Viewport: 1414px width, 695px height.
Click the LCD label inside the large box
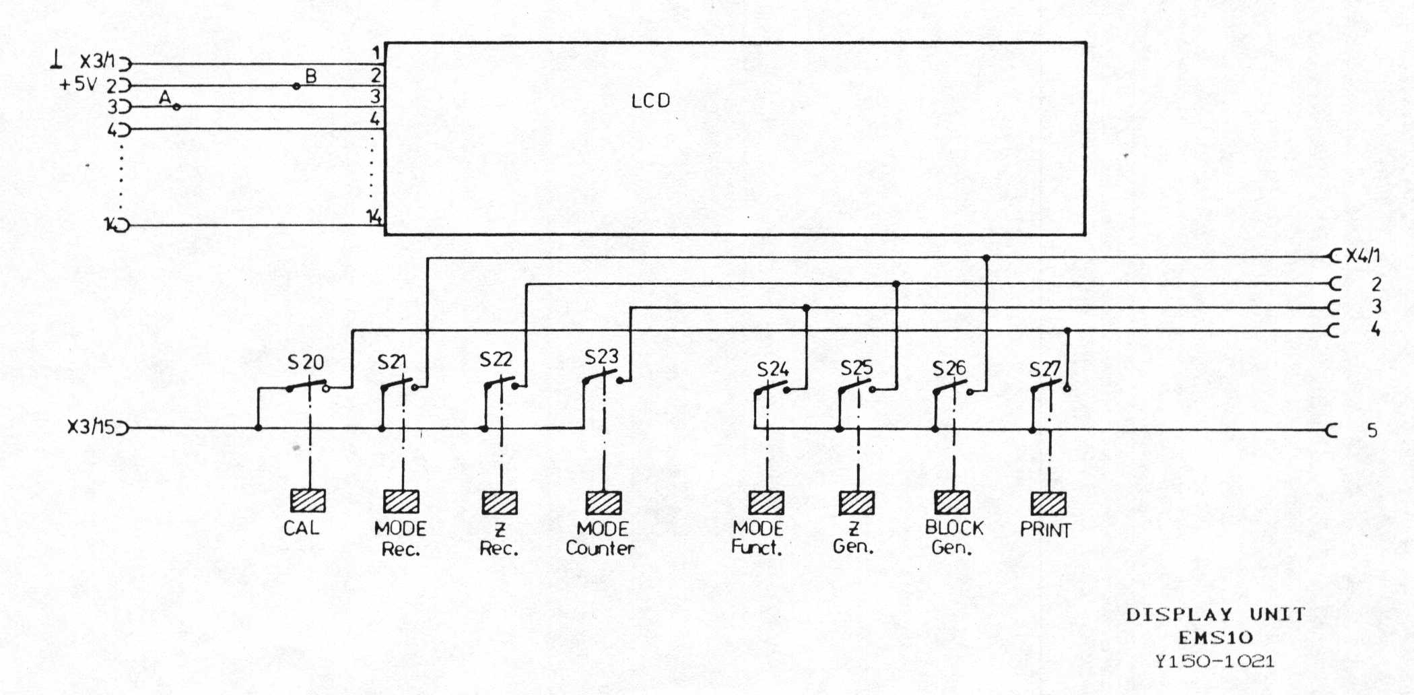[x=650, y=101]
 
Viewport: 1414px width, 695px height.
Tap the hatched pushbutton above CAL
[x=308, y=501]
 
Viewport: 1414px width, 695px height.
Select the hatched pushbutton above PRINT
[x=1048, y=504]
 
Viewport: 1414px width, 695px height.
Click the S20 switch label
[x=305, y=362]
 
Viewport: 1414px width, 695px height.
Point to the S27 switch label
[x=1044, y=369]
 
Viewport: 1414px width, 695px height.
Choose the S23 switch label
[x=601, y=357]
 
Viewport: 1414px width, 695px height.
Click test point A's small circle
[x=176, y=106]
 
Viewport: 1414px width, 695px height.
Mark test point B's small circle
[x=296, y=86]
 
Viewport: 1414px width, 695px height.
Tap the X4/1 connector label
[x=1363, y=256]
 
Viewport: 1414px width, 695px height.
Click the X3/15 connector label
[x=91, y=427]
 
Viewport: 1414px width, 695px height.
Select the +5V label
[x=78, y=85]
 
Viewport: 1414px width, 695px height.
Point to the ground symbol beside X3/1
[x=56, y=62]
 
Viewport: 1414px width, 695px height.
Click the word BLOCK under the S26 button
[x=953, y=528]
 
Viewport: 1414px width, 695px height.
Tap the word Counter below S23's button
[x=600, y=548]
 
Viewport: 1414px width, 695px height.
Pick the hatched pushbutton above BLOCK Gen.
[x=952, y=502]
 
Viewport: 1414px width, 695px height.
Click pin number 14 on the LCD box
[x=374, y=217]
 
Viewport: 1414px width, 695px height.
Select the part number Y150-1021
[x=1214, y=661]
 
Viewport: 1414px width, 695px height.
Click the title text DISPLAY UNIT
[x=1215, y=614]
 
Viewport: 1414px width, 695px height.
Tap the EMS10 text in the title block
[x=1215, y=637]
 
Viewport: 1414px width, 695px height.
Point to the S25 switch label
[x=856, y=368]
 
